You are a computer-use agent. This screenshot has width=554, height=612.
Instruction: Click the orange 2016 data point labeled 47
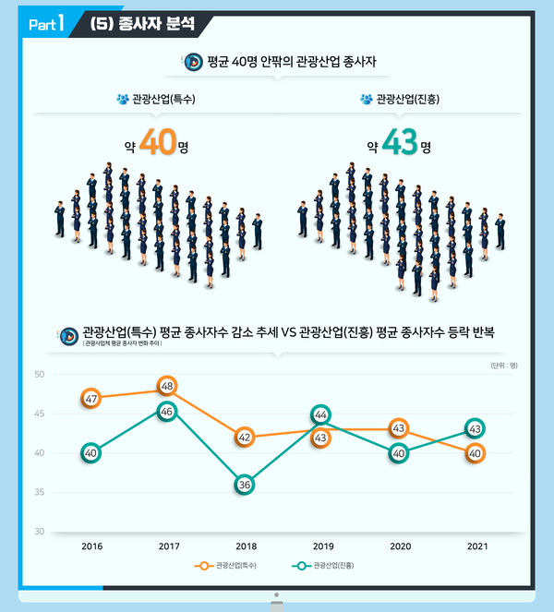(90, 399)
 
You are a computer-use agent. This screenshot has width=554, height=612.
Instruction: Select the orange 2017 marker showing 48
(167, 386)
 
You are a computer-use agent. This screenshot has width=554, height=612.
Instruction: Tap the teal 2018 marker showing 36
(244, 484)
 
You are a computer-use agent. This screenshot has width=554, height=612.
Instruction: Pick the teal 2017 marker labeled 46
(167, 412)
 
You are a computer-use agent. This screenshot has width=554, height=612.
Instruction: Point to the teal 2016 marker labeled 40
(90, 453)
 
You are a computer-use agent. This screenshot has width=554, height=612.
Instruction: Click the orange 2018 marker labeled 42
(244, 437)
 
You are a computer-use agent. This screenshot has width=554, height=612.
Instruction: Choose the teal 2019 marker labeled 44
(321, 415)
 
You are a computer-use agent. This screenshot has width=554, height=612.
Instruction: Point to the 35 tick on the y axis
(40, 493)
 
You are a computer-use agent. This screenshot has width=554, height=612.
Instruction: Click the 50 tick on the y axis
(40, 375)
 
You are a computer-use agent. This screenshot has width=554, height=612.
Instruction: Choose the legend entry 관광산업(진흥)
(332, 565)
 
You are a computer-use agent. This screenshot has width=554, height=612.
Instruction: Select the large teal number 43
(399, 145)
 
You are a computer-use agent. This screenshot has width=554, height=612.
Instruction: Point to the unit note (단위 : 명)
(503, 366)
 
